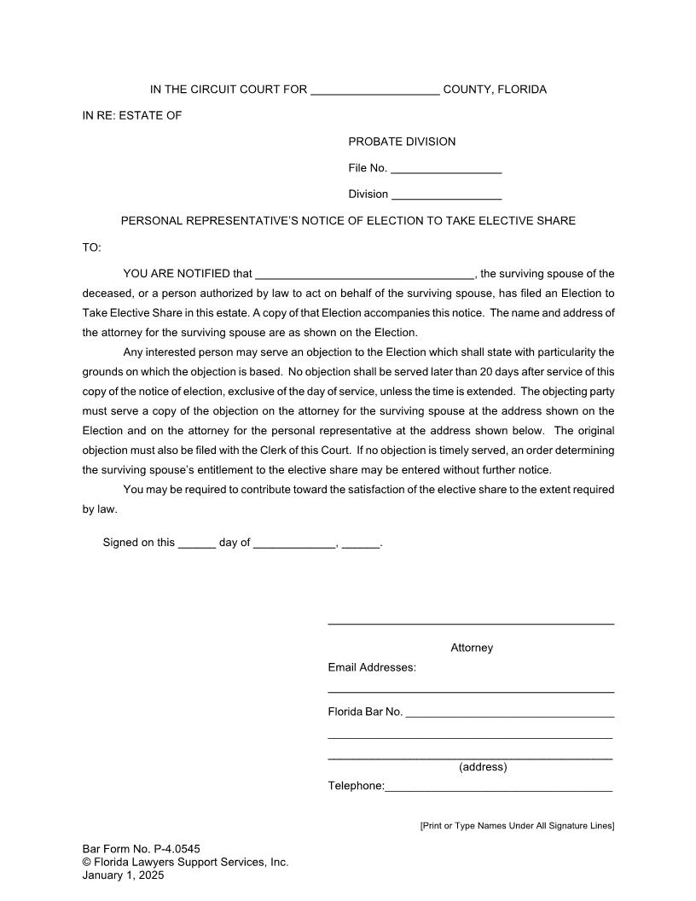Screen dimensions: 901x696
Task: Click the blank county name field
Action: point(375,90)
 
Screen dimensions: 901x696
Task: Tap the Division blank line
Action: point(446,195)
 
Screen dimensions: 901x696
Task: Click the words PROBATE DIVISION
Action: point(402,142)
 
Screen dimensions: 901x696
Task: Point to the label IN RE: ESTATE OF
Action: point(132,116)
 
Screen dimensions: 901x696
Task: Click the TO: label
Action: point(91,248)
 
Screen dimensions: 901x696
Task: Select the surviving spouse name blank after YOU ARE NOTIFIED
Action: point(364,275)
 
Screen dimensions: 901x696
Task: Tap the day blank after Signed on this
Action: point(196,544)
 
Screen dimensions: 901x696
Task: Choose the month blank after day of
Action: point(294,544)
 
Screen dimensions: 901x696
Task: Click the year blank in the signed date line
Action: point(360,544)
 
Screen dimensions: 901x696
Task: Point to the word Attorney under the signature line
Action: point(472,648)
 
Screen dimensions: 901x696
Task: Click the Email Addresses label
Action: point(372,667)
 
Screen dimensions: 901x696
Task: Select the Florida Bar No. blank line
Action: point(509,713)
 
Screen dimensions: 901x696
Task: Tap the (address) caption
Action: point(483,767)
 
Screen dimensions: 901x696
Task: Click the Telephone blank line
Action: point(498,788)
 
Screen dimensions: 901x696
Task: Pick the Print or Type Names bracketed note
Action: point(517,826)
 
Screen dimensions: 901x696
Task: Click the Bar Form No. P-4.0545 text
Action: point(142,849)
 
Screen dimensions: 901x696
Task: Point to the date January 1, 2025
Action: point(123,875)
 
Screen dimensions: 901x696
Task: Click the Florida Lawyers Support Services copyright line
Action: point(185,862)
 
